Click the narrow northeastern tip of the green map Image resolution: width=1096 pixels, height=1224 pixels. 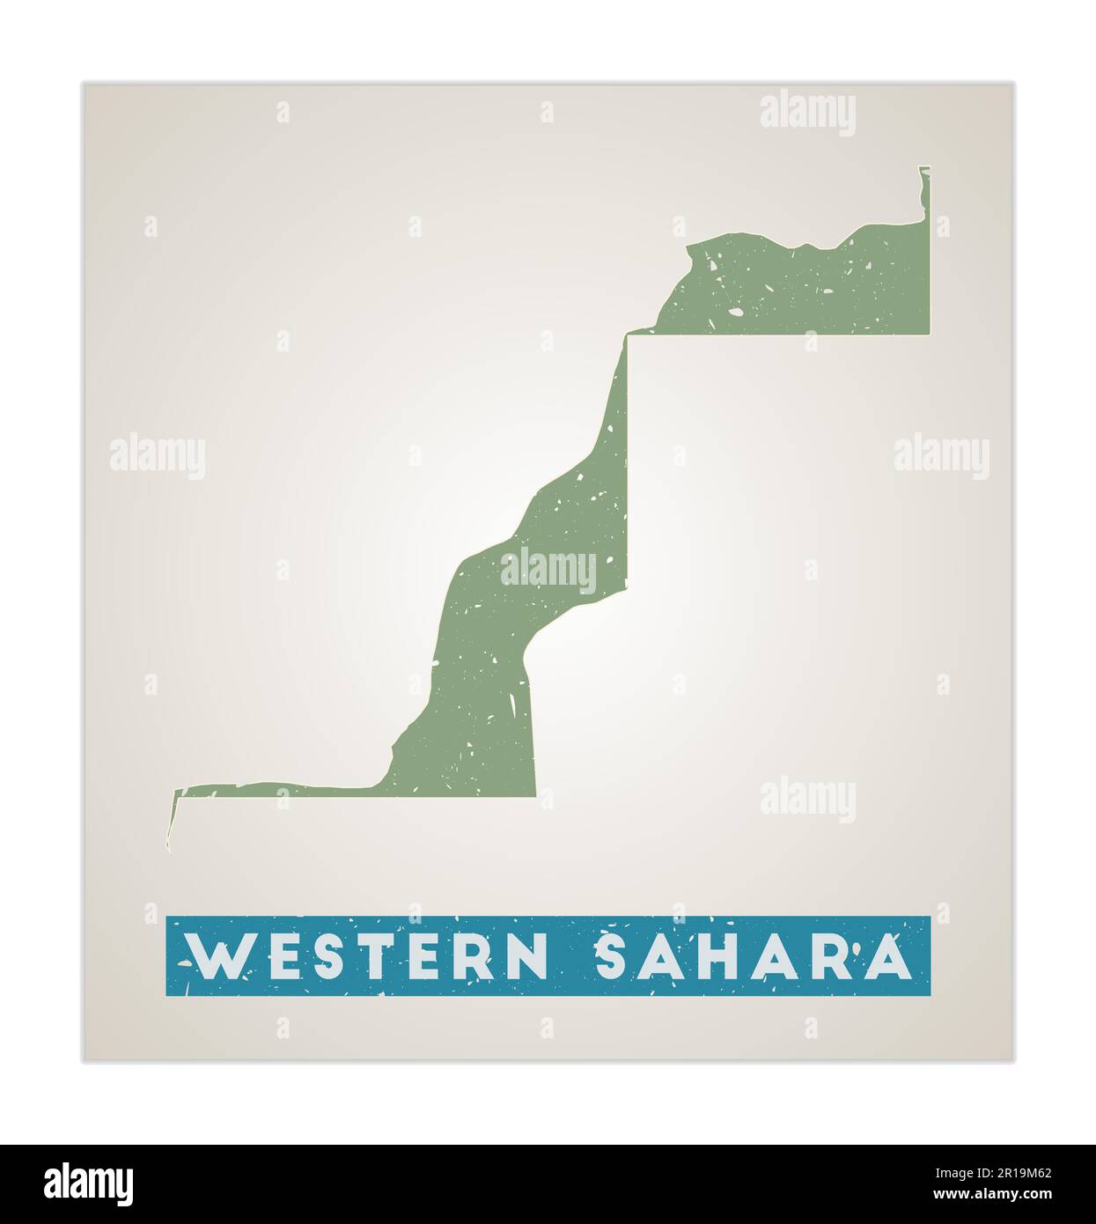pyautogui.click(x=924, y=170)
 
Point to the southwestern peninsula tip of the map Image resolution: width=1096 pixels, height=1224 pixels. pyautogui.click(x=170, y=847)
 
